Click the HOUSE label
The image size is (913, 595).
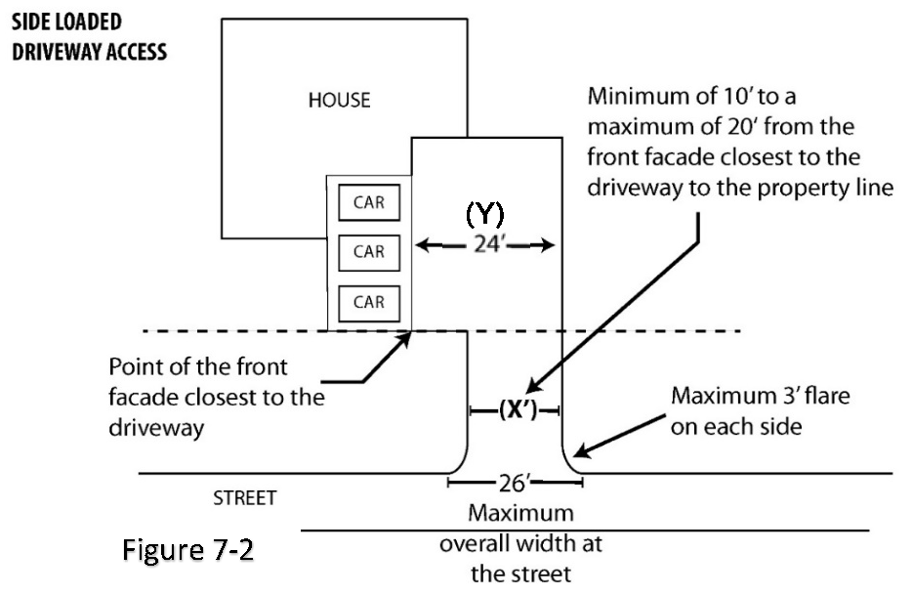pos(340,101)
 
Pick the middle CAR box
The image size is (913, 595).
pos(369,251)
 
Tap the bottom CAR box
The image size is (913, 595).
pos(369,302)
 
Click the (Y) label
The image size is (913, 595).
pos(484,213)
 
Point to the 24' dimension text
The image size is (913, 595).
pos(485,244)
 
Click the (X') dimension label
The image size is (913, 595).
pos(515,410)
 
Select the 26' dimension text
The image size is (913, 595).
pos(515,482)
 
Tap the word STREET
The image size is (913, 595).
pos(244,498)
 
